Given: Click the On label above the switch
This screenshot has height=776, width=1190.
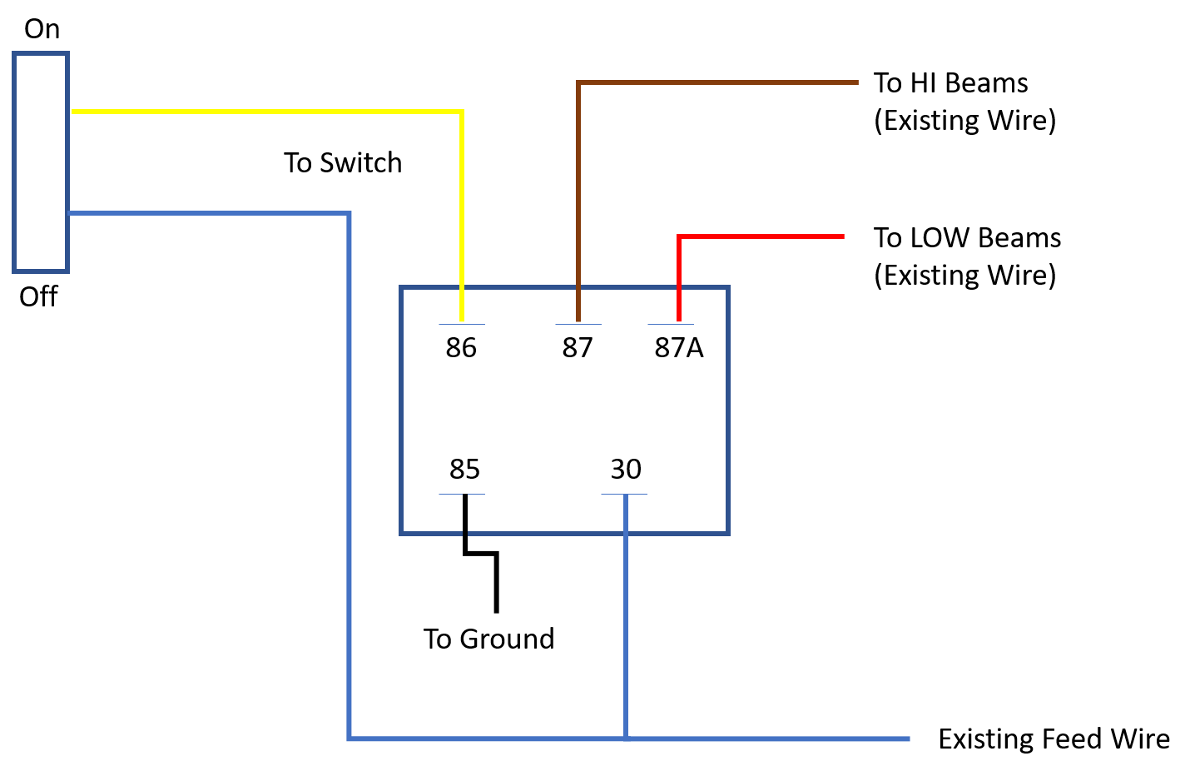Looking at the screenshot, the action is pos(42,28).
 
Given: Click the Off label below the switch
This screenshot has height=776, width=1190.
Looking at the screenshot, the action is pos(38,296).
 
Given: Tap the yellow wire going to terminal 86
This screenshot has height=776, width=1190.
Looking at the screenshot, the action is pos(462,112).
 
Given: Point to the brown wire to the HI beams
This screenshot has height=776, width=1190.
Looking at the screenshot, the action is pos(578,82).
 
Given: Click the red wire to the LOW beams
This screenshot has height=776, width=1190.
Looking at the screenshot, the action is pos(679,236).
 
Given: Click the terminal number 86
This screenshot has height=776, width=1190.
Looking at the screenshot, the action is pos(461,347).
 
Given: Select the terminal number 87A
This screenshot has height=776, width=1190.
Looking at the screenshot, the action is pos(679,347).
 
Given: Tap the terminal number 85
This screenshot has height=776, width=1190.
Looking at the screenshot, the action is pos(464,469).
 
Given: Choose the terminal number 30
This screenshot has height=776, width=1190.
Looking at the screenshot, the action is pos(626,469).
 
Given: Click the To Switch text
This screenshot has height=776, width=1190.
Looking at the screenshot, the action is pos(343,162).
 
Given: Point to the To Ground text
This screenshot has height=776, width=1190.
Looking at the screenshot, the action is pos(488,639).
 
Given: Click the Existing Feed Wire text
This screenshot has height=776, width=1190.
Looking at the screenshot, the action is pos(1054,739).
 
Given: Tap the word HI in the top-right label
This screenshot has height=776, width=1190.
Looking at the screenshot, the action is pos(923,83).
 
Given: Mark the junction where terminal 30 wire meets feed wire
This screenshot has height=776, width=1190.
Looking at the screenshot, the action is pos(626,739).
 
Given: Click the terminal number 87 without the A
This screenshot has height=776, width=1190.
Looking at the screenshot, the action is pos(578,347).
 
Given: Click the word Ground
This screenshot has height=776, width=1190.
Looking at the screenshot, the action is pos(507,639).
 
